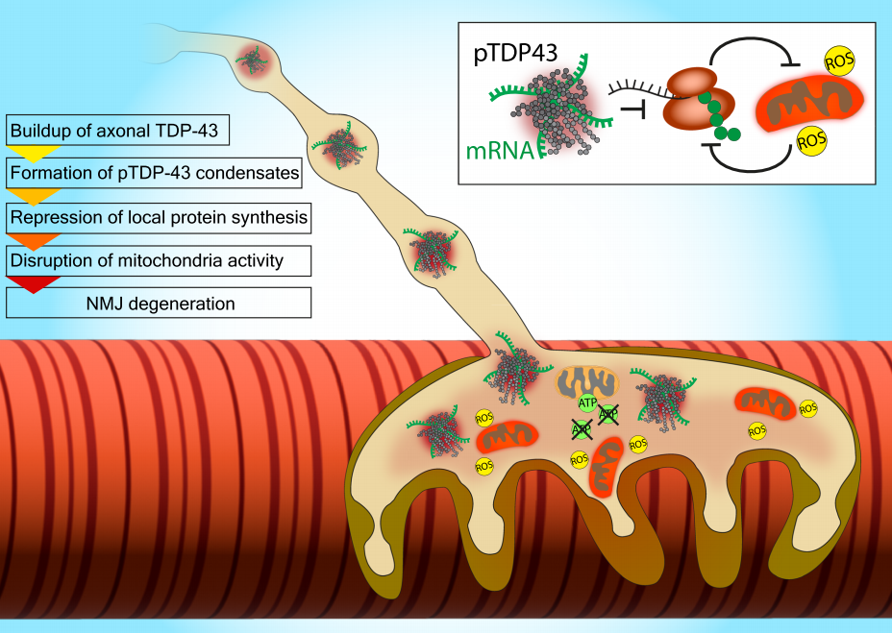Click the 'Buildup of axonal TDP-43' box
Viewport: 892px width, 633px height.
pyautogui.click(x=119, y=130)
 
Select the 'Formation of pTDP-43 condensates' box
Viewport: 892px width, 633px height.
pyautogui.click(x=158, y=174)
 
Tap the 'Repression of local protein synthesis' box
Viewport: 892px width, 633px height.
pyautogui.click(x=159, y=218)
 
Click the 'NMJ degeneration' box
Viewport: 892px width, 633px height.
pyautogui.click(x=159, y=304)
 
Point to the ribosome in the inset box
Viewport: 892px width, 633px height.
pyautogui.click(x=695, y=99)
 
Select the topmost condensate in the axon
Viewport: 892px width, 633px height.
pyautogui.click(x=255, y=63)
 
